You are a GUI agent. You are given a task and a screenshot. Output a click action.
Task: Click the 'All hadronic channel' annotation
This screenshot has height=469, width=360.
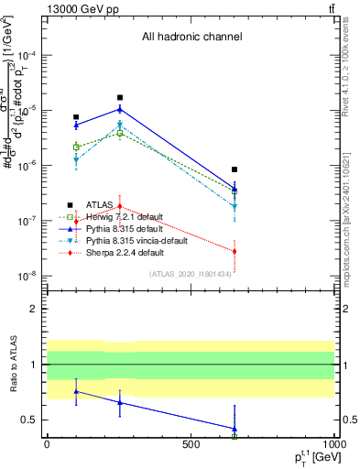[x=191, y=38]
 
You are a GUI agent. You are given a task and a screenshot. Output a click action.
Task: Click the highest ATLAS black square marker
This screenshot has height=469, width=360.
[x=119, y=97]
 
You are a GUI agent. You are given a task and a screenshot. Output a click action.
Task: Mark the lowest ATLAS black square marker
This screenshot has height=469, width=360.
[x=235, y=169]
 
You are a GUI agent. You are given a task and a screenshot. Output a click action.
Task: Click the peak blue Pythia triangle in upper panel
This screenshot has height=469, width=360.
[x=119, y=109]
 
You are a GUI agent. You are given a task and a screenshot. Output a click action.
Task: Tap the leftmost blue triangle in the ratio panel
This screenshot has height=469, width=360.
[x=76, y=391]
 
